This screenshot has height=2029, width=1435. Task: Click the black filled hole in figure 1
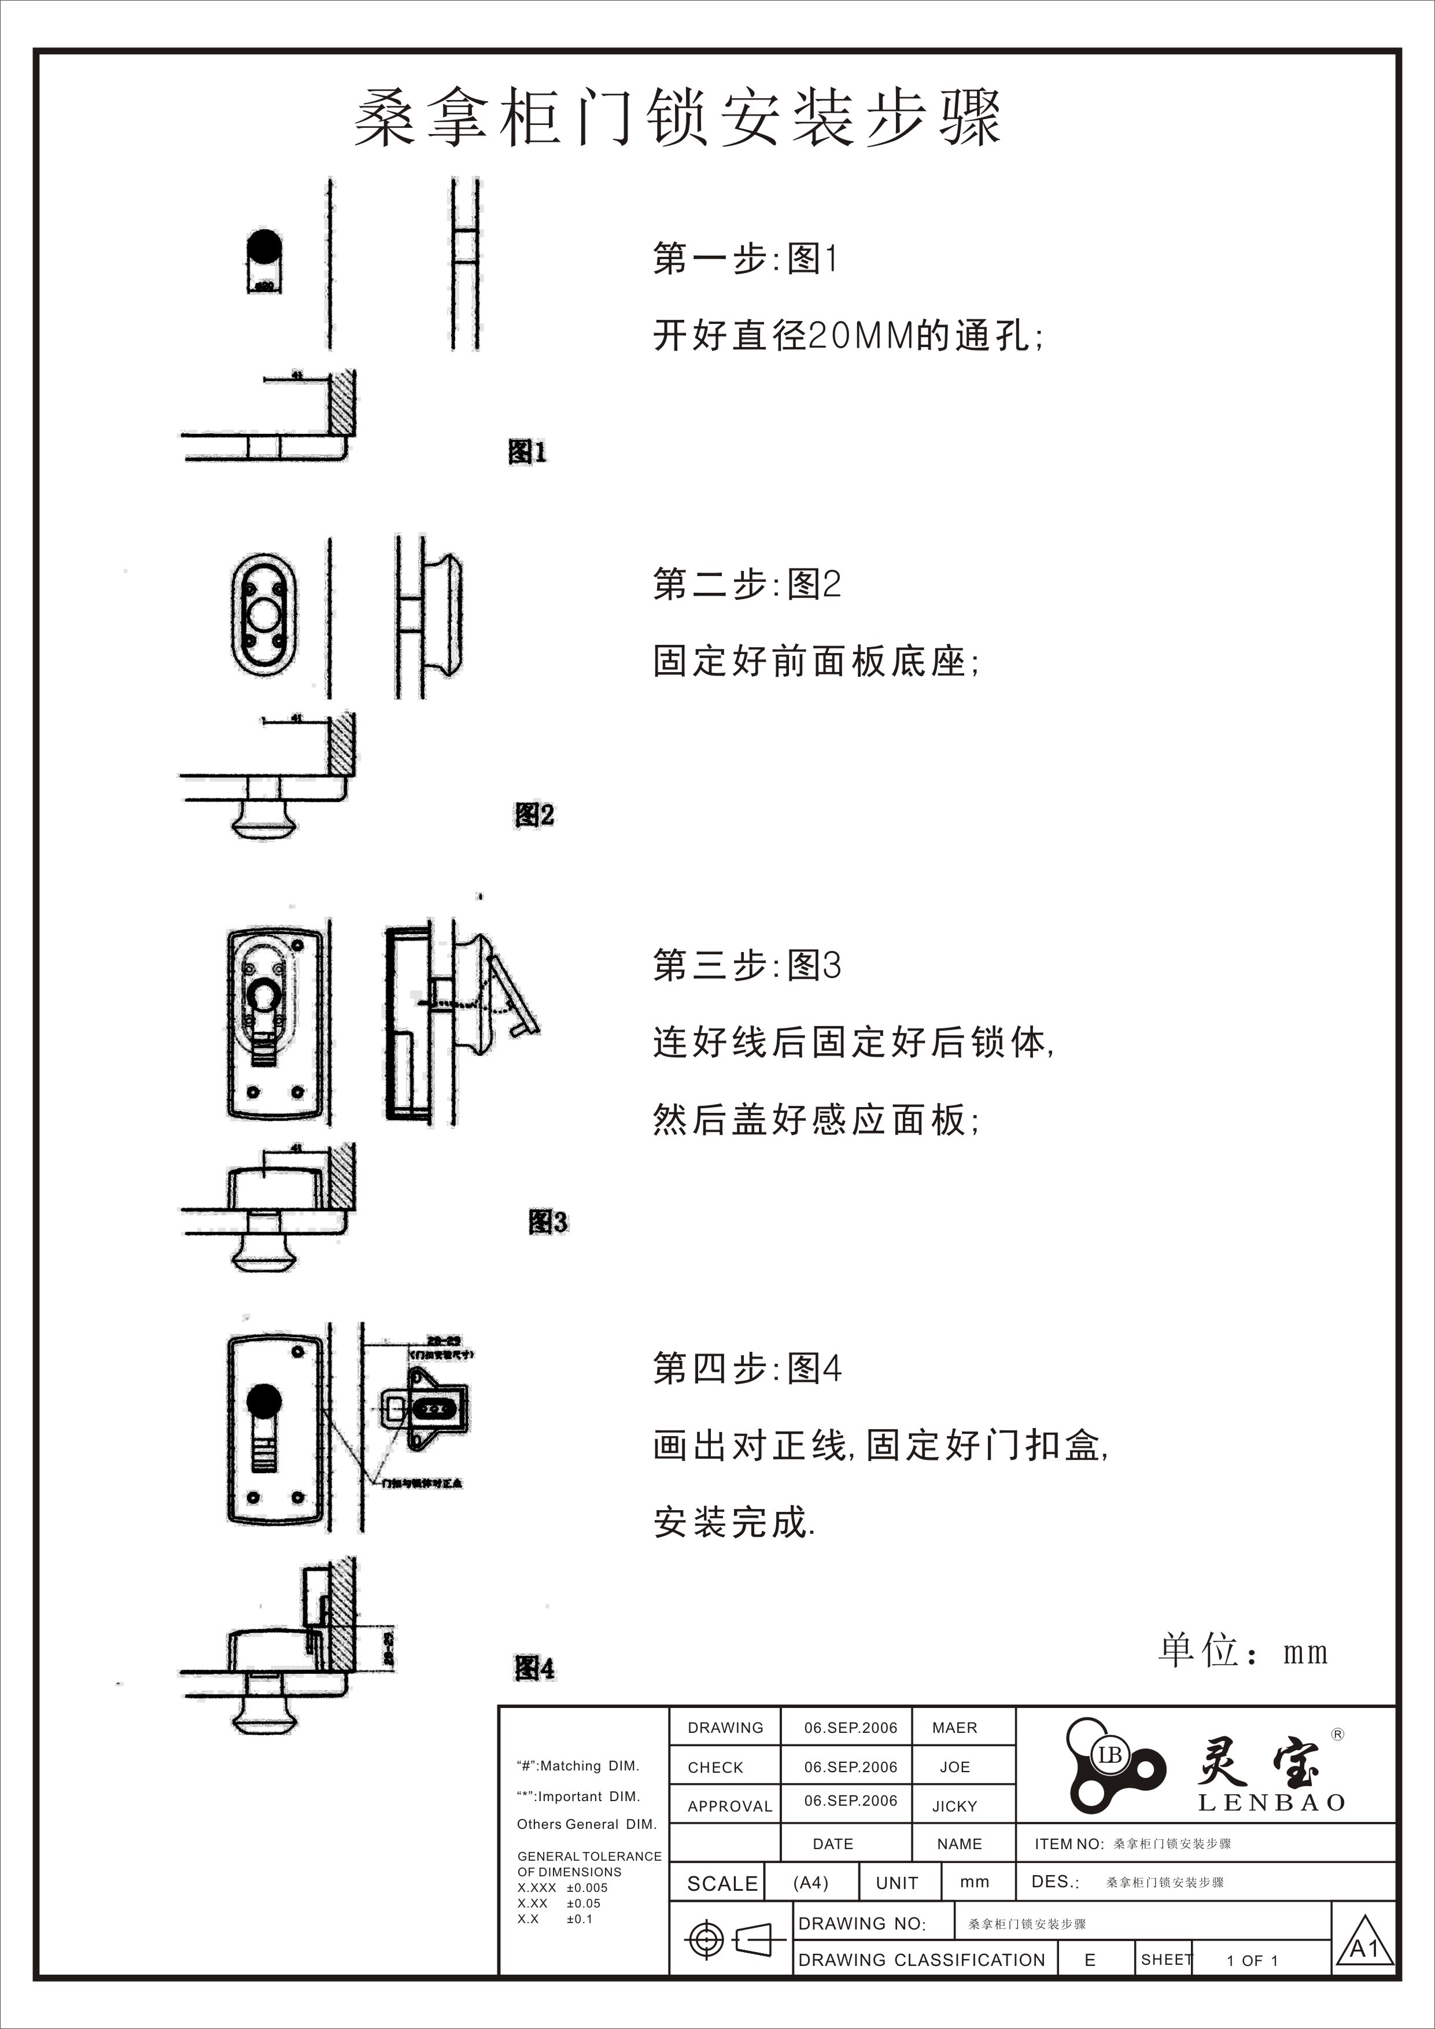263,246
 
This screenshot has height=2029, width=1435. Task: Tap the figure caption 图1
527,452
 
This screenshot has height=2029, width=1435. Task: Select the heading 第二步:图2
747,584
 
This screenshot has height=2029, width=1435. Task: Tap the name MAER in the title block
954,1728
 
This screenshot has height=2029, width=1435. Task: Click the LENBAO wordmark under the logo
1271,1803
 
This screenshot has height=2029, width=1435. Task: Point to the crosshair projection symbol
705,1942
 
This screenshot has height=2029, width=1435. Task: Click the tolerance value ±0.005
586,1888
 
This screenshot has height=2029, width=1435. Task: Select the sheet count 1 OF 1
1252,1961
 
